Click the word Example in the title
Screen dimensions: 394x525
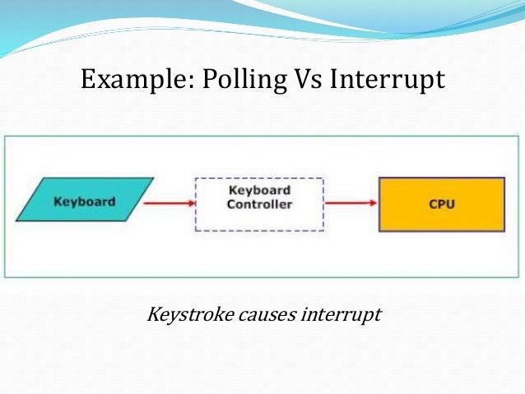coord(129,80)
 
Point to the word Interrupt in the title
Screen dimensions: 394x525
coord(387,80)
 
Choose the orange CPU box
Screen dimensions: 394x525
coord(440,203)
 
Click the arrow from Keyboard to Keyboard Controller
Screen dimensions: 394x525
coord(170,203)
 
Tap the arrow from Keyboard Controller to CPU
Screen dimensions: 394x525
coord(351,203)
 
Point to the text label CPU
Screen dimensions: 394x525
coord(441,204)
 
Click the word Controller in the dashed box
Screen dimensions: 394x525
coord(259,204)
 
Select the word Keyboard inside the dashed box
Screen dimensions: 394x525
coord(259,191)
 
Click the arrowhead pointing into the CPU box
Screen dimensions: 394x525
coord(373,203)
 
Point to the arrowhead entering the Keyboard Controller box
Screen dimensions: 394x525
coord(190,203)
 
